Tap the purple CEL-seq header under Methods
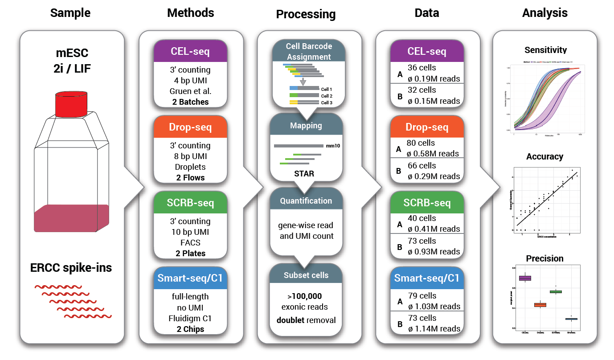(x=190, y=52)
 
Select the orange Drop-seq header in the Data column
(x=427, y=127)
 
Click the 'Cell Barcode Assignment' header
(x=308, y=51)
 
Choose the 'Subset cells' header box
(x=306, y=275)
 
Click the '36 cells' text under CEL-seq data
(x=421, y=68)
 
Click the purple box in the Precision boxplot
(x=525, y=278)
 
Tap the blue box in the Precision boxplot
(x=571, y=319)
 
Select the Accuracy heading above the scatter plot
(x=544, y=156)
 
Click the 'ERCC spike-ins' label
(x=71, y=268)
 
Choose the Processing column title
(x=306, y=14)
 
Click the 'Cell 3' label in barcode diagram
(x=327, y=103)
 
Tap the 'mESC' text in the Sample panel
(x=71, y=53)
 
